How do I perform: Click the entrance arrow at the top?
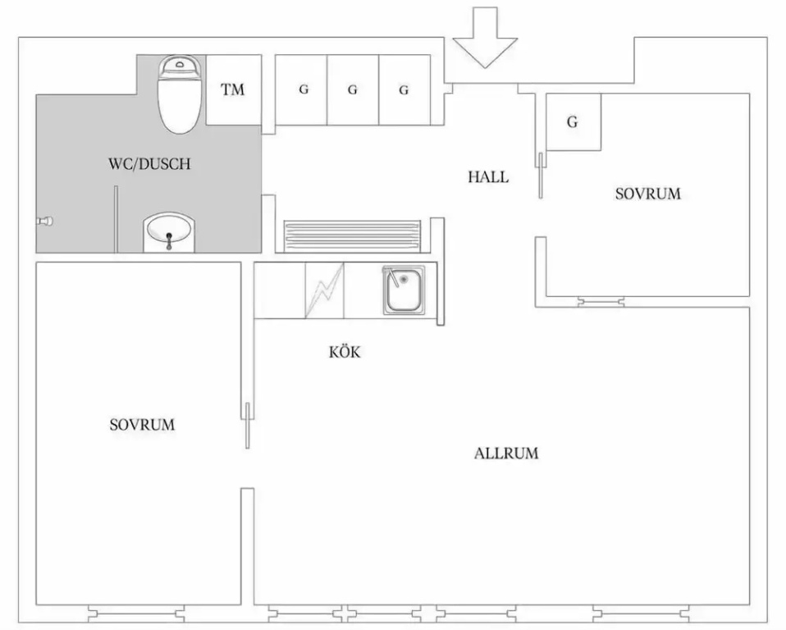click(x=485, y=38)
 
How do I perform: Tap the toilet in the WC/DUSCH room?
click(x=180, y=94)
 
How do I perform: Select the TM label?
click(x=232, y=89)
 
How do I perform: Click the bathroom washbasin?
click(x=168, y=232)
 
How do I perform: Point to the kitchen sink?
click(x=404, y=290)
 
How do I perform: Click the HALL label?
click(x=488, y=177)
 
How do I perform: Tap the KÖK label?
click(x=345, y=352)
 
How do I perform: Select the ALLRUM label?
click(x=506, y=454)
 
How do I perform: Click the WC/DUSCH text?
click(x=149, y=164)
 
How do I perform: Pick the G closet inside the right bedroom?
click(x=573, y=121)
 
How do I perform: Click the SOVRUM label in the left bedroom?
click(x=143, y=425)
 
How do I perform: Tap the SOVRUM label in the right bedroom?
click(x=648, y=194)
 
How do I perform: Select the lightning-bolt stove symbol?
click(x=325, y=290)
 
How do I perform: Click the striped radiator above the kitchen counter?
click(x=352, y=235)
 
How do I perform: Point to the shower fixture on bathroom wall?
click(x=45, y=221)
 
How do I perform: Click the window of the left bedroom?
click(x=136, y=614)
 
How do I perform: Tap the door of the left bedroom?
click(x=247, y=425)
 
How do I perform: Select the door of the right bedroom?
click(x=541, y=176)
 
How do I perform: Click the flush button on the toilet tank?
click(x=180, y=64)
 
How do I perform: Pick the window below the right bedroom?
click(x=601, y=302)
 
